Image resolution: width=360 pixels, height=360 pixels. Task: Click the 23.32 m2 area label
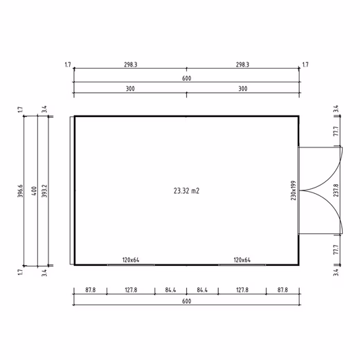[186, 191]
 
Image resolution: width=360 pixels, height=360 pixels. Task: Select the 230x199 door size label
[294, 190]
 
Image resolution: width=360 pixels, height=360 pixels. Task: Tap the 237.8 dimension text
[336, 190]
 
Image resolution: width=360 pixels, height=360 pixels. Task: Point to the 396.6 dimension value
[20, 191]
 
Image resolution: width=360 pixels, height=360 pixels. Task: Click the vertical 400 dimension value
[34, 191]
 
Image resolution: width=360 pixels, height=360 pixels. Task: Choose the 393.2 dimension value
[44, 191]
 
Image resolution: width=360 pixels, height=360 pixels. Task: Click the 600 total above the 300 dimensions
[186, 78]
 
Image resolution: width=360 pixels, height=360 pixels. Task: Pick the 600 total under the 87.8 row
[186, 301]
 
